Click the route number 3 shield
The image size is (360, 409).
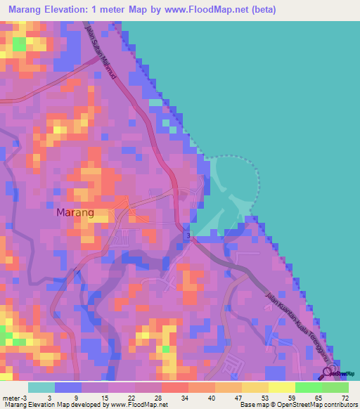pos(188,235)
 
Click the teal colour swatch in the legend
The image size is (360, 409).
pos(41,387)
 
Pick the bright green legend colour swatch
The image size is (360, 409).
pos(308,387)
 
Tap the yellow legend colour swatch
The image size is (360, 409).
pos(255,387)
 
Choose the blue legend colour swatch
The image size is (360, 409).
pos(67,387)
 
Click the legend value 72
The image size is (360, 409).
pos(344,397)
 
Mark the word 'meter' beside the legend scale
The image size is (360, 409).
pos(12,397)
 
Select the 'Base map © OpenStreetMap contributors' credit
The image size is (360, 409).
pos(297,404)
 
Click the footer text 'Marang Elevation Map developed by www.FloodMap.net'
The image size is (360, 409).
pos(84,404)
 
